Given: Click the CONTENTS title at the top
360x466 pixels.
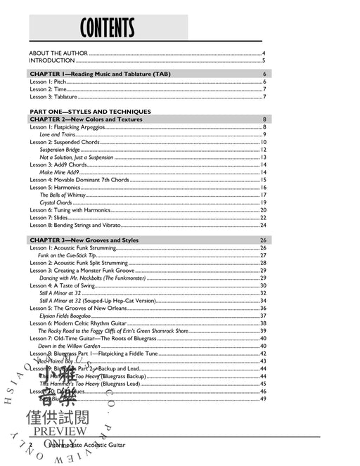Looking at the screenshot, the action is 107,29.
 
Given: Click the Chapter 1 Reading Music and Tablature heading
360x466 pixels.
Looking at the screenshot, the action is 99,74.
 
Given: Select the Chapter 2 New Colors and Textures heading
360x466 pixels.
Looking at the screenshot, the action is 86,119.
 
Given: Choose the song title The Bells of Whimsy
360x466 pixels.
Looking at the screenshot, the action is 64,195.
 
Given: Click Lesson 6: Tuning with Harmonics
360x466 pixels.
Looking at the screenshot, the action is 70,210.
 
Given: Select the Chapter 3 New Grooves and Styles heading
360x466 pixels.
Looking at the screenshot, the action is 84,240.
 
